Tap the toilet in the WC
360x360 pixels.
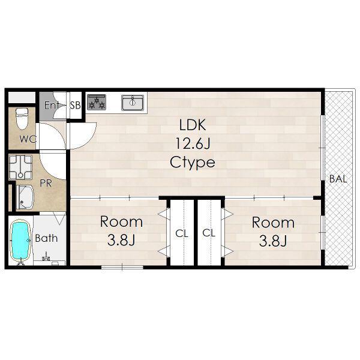(22, 119)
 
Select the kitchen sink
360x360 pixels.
(133, 103)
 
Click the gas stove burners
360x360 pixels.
(97, 102)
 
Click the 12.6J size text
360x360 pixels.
(193, 143)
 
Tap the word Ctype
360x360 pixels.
(193, 163)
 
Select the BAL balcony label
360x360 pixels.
(338, 179)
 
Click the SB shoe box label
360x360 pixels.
(76, 106)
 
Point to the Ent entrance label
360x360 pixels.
(51, 105)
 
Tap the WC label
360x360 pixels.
(28, 139)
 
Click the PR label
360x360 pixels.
(46, 183)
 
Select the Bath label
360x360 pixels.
(46, 238)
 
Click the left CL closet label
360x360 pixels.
(182, 234)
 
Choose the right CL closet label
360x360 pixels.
(209, 233)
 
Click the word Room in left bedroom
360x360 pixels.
(121, 222)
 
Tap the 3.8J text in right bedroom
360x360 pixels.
(273, 241)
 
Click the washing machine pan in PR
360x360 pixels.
(20, 167)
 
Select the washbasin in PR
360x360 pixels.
(25, 197)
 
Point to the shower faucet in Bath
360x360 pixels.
(47, 257)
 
